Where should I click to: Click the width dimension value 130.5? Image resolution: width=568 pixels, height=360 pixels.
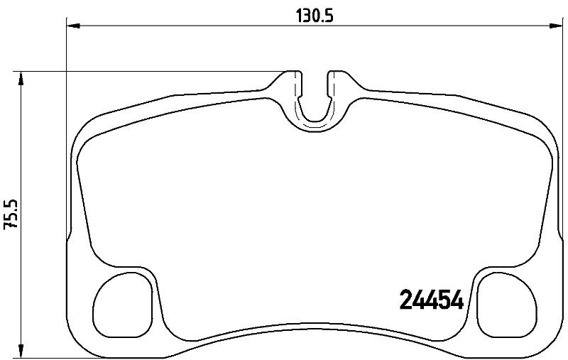(x=315, y=16)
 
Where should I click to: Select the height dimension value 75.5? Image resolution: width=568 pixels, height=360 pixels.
(x=11, y=214)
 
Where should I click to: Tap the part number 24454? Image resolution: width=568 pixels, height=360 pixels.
(x=431, y=300)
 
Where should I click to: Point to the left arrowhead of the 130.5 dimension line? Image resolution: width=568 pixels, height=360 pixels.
(x=74, y=26)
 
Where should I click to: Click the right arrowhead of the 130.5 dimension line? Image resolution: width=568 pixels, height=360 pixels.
(x=556, y=26)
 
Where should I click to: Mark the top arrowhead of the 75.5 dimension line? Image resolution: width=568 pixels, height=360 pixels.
(x=21, y=78)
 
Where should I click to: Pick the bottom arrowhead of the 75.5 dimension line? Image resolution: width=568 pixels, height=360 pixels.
(x=21, y=351)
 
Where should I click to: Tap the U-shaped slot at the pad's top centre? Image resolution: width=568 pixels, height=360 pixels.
(x=314, y=119)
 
